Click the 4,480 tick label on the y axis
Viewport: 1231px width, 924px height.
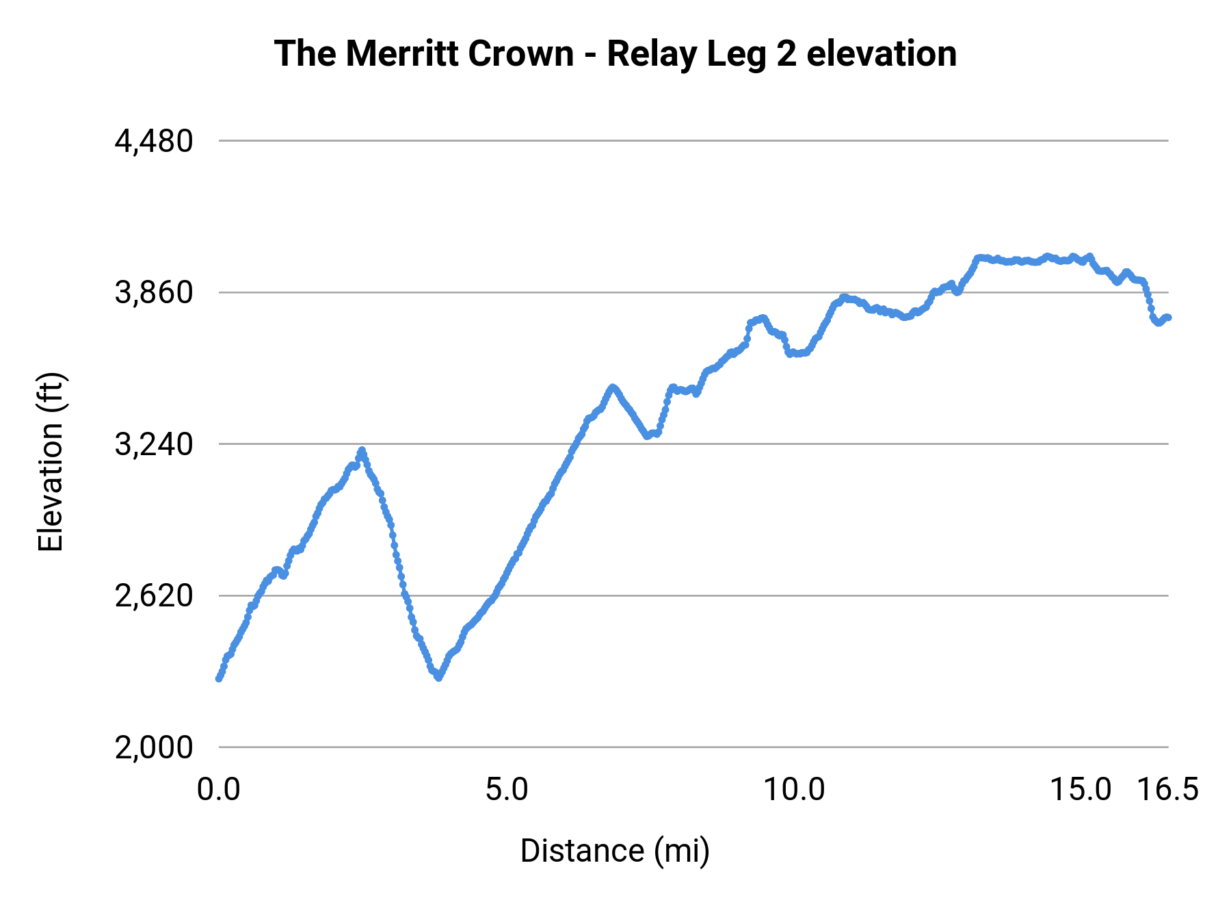(x=154, y=142)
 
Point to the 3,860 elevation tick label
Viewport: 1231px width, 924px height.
(x=154, y=293)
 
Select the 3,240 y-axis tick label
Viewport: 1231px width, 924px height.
(x=154, y=445)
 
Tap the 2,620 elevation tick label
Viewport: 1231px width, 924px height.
(x=154, y=596)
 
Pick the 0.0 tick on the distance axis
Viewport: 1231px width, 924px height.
(x=219, y=790)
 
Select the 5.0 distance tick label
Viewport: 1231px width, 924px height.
(x=507, y=790)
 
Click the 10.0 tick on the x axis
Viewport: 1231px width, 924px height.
(x=794, y=790)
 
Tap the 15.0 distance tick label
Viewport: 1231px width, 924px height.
(x=1081, y=790)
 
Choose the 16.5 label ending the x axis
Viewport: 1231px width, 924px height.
(x=1168, y=790)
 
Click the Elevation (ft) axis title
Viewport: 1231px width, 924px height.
(x=51, y=462)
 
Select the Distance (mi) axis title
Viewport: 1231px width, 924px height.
(x=615, y=851)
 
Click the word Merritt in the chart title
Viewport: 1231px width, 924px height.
(x=393, y=53)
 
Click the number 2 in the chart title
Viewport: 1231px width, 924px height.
(x=787, y=53)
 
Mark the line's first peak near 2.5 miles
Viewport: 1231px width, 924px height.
(x=362, y=450)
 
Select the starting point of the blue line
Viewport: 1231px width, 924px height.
(x=219, y=678)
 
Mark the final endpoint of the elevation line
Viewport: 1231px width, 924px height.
(x=1169, y=318)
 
